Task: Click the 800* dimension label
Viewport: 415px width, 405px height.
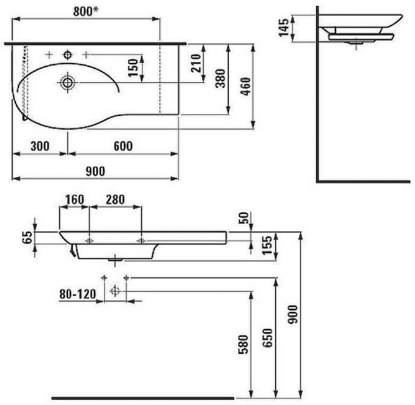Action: point(86,11)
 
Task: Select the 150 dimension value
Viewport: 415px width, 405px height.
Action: point(133,68)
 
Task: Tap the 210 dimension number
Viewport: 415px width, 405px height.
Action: point(196,63)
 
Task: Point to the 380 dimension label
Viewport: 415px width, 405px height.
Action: point(220,78)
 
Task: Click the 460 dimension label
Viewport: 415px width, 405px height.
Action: point(245,87)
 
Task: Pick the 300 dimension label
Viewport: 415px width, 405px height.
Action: point(40,146)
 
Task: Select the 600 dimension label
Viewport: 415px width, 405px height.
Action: point(123,146)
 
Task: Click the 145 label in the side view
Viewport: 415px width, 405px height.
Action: point(284,27)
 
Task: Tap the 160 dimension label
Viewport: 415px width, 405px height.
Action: point(75,200)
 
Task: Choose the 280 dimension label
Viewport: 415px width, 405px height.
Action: point(115,200)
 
